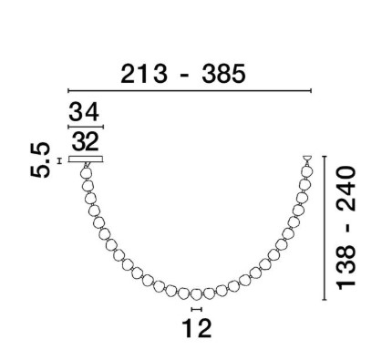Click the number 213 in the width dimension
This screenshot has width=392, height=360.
tap(144, 74)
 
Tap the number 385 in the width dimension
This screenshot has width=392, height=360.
tap(223, 74)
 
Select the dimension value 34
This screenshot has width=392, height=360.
tap(84, 112)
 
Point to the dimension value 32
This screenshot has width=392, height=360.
tap(86, 141)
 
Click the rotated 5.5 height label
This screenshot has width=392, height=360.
tap(40, 159)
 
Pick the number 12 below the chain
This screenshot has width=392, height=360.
tap(196, 328)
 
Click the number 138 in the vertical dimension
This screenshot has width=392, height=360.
tap(346, 267)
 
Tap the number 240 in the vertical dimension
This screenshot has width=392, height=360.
tap(346, 189)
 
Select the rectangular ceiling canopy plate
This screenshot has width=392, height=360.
tap(86, 159)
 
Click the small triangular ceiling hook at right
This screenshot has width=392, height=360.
tap(307, 159)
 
